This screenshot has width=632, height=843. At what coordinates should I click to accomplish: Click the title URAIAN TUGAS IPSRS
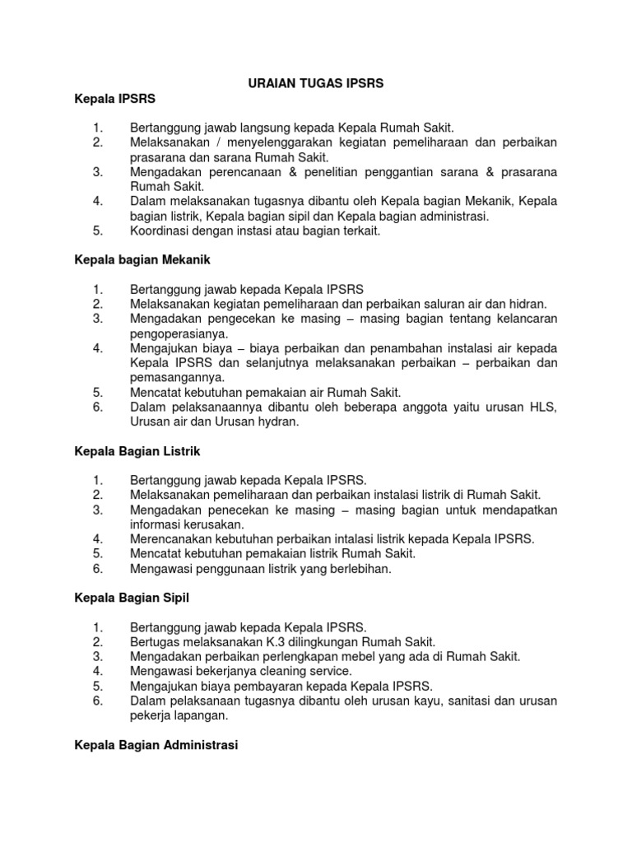pyautogui.click(x=317, y=83)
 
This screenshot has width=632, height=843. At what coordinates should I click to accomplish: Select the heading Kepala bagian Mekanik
pyautogui.click(x=142, y=260)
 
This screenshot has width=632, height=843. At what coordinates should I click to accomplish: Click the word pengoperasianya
pyautogui.click(x=178, y=333)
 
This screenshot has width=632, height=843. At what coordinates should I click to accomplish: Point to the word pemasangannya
pyautogui.click(x=178, y=378)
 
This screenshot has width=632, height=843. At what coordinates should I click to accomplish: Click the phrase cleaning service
pyautogui.click(x=281, y=671)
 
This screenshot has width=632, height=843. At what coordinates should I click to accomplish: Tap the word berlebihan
pyautogui.click(x=349, y=568)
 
